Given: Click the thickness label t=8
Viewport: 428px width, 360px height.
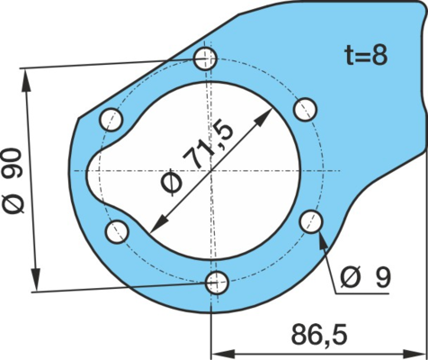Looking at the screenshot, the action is click(x=366, y=56).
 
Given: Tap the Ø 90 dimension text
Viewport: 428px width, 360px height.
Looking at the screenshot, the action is click(x=13, y=181).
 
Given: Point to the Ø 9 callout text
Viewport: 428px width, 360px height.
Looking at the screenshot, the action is click(x=365, y=277).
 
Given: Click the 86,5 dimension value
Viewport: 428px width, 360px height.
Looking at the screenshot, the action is click(x=319, y=335).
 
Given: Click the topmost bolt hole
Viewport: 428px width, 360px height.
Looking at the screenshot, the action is click(x=205, y=58).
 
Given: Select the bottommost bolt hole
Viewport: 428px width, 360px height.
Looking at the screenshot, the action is click(x=217, y=283).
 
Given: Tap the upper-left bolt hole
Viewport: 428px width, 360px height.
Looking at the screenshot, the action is click(x=111, y=120).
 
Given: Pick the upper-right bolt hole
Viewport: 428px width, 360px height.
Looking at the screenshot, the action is click(x=305, y=110).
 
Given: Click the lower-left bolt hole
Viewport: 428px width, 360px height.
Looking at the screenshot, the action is click(x=117, y=231).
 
